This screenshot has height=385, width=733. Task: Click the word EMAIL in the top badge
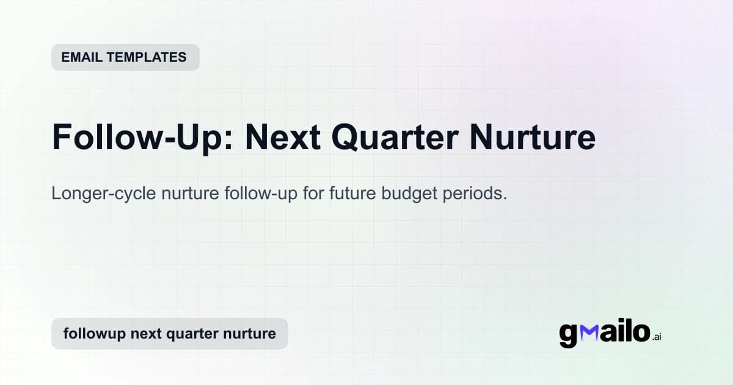[81, 57]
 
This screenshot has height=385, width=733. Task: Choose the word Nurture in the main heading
[532, 137]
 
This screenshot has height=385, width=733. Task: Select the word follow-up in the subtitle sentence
[259, 194]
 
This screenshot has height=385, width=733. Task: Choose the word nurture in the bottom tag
[252, 334]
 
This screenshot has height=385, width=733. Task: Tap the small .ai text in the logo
[657, 337]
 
